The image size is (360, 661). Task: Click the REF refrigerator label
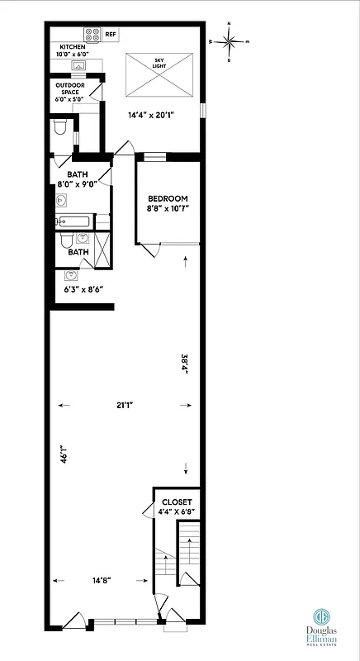pyautogui.click(x=110, y=36)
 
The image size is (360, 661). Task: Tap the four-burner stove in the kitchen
pyautogui.click(x=91, y=36)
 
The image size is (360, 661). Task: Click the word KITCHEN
pyautogui.click(x=71, y=46)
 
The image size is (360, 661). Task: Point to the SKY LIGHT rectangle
pyautogui.click(x=159, y=74)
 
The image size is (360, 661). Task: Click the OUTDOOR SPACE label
pyautogui.click(x=71, y=88)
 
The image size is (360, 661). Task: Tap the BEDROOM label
pyautogui.click(x=168, y=198)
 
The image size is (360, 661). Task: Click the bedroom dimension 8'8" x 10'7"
pyautogui.click(x=168, y=210)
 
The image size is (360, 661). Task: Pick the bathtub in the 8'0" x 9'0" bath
pyautogui.click(x=75, y=221)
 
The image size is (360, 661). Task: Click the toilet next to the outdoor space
pyautogui.click(x=59, y=128)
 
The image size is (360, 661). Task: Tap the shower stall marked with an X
pyautogui.click(x=102, y=250)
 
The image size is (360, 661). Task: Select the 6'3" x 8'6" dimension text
pyautogui.click(x=83, y=289)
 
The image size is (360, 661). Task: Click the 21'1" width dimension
pyautogui.click(x=125, y=405)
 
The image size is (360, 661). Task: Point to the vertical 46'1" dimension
pyautogui.click(x=63, y=456)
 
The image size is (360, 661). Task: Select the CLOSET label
pyautogui.click(x=177, y=502)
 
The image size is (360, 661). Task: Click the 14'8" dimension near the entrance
pyautogui.click(x=102, y=580)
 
